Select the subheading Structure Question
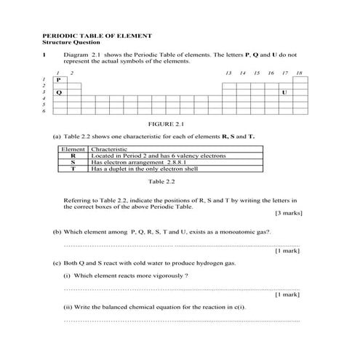(73, 42)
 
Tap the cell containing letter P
(59, 79)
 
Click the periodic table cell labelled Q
(59, 92)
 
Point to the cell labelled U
(284, 92)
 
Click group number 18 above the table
(299, 73)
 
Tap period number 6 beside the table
(44, 111)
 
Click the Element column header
(73, 149)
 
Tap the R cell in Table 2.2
(73, 156)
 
